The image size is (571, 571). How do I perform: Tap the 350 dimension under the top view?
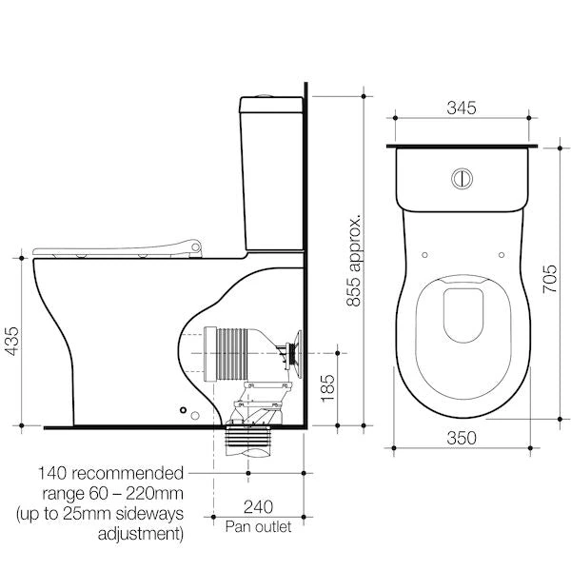[462, 439]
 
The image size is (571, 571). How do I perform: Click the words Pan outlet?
[258, 525]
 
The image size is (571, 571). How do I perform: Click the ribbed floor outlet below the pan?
[246, 439]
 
